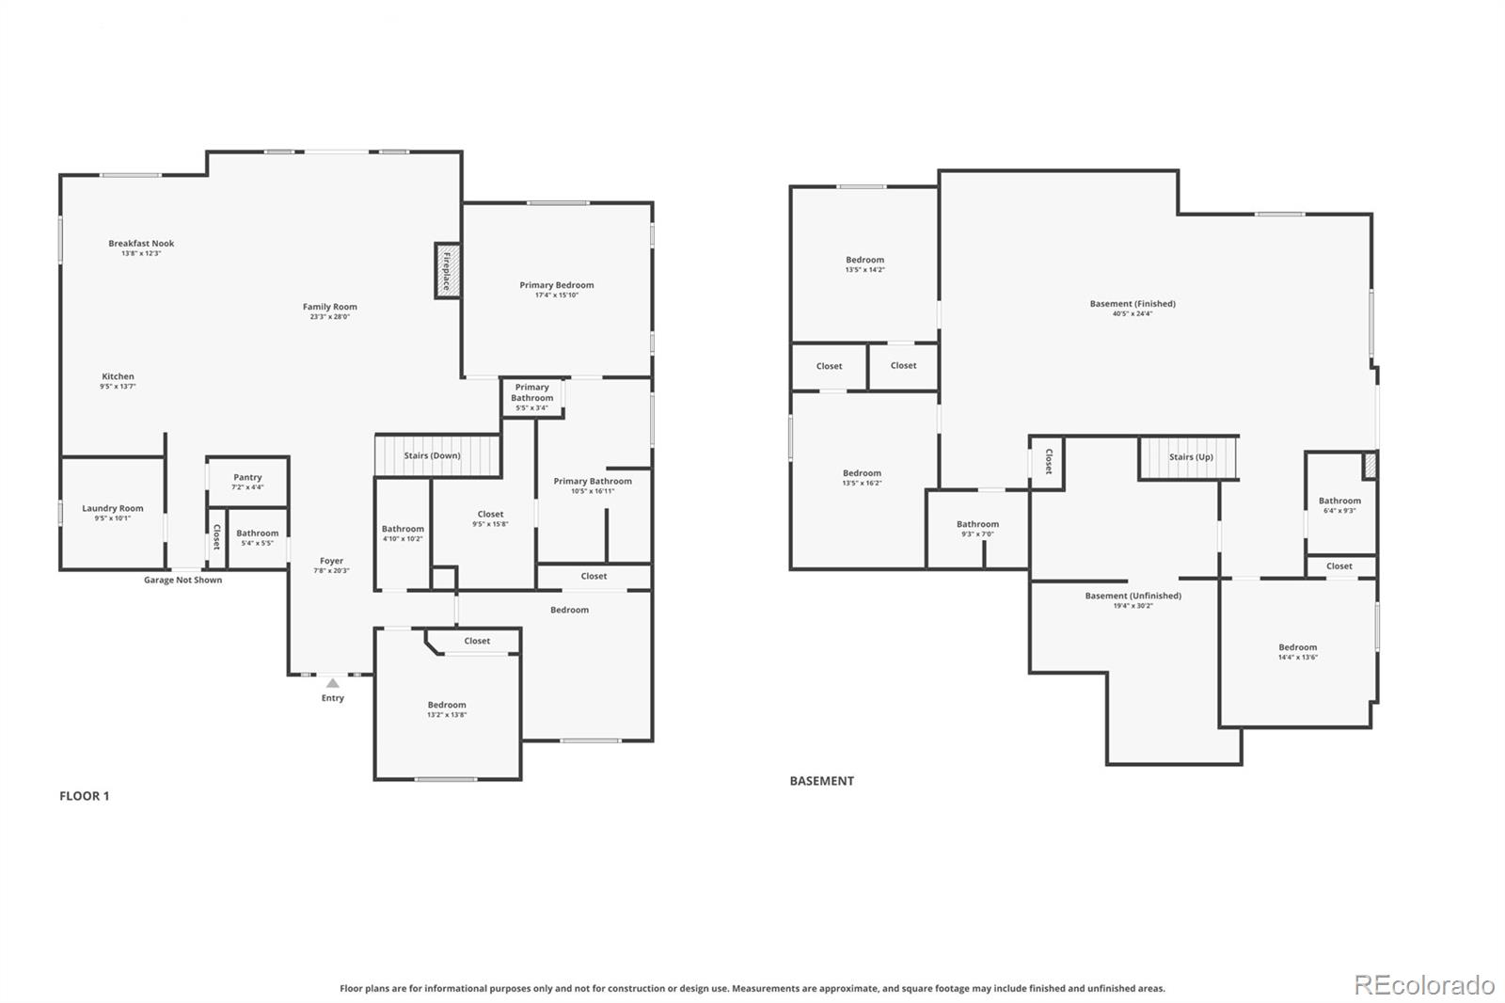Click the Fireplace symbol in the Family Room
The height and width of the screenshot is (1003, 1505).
447,271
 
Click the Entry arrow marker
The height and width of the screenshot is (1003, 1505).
332,683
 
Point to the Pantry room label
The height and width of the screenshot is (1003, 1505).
247,478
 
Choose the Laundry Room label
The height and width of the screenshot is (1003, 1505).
113,509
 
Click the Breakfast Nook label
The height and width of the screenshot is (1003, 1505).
141,244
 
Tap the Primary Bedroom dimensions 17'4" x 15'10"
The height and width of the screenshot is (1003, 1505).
556,295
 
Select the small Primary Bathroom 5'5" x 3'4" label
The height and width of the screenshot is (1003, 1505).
531,397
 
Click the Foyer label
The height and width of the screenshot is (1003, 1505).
331,562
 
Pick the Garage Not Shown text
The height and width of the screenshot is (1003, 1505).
182,581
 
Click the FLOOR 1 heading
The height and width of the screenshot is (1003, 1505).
85,796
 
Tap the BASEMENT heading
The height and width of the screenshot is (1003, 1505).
821,781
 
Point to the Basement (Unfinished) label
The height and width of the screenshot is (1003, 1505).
1133,597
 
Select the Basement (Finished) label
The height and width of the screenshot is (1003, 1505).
1133,304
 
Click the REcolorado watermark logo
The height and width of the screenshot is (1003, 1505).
1423,985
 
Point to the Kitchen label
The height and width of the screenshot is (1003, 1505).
119,376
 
